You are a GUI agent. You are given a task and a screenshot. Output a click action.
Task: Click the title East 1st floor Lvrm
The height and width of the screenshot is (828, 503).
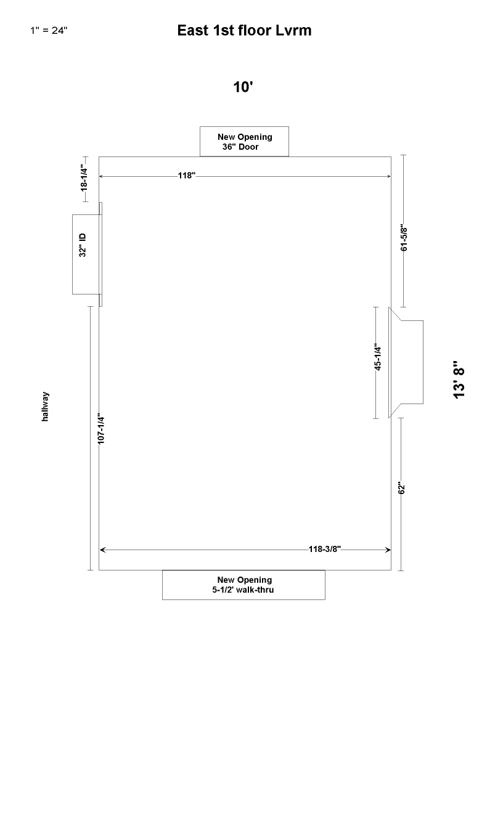coord(244,30)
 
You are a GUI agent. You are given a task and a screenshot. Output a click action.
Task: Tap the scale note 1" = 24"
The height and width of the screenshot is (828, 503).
coord(49,30)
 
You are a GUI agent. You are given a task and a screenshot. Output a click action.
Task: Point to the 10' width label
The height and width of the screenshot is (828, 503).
coord(243,87)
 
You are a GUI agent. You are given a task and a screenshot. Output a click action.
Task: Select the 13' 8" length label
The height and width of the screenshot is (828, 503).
coord(459,379)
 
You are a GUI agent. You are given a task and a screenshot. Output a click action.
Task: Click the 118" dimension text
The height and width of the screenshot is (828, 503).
coord(186,175)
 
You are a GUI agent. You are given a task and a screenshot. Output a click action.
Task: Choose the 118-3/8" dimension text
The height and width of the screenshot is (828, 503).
coord(325,549)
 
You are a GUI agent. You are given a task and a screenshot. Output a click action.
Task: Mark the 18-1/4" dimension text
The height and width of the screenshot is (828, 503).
coord(84,179)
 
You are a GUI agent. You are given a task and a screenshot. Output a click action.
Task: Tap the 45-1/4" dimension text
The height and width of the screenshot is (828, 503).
coord(378,357)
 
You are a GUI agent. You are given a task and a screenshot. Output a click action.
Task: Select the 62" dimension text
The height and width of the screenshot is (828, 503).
coord(402,487)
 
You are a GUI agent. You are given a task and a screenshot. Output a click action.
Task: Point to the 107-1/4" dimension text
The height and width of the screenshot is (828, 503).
coord(101,429)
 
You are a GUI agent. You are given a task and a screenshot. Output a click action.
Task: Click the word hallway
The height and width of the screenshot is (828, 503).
coord(45,407)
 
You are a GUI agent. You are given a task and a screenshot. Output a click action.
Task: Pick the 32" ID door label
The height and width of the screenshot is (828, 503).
coord(83,245)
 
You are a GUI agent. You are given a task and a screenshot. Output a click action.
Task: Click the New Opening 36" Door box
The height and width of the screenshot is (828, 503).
coord(244,142)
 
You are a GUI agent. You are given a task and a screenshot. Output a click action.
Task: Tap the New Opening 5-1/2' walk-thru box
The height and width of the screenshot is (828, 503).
coord(243,585)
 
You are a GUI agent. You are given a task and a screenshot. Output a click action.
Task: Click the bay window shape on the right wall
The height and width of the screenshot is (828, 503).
coord(406,362)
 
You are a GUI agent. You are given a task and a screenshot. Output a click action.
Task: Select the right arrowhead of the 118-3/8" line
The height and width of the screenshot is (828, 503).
coord(388,550)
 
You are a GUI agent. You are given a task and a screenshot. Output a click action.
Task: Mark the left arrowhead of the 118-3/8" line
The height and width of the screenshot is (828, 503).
coord(102,550)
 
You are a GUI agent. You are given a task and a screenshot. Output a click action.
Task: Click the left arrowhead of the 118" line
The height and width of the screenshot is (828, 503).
coord(101,176)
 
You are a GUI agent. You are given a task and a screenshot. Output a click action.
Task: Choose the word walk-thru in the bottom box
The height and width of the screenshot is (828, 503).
coord(255,590)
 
